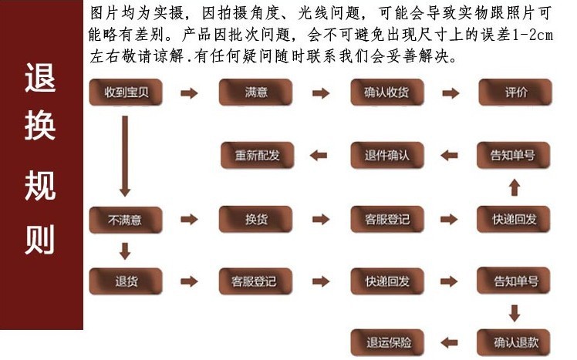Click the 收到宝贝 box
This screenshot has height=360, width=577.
126,93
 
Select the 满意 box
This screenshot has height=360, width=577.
255,93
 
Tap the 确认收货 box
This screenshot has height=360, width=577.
386,93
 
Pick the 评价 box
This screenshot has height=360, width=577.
515,93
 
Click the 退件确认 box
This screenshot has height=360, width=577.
386,156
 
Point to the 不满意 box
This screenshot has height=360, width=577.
126,220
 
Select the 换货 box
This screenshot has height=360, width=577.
255,220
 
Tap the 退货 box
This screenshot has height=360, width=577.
126,281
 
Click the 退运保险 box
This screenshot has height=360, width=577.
386,341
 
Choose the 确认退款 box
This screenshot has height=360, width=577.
515,341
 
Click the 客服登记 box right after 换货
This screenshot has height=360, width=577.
386,220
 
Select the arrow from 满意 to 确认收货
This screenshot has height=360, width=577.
321,93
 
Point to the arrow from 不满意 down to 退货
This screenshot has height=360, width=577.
125,251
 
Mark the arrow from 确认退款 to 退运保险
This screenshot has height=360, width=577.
449,341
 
